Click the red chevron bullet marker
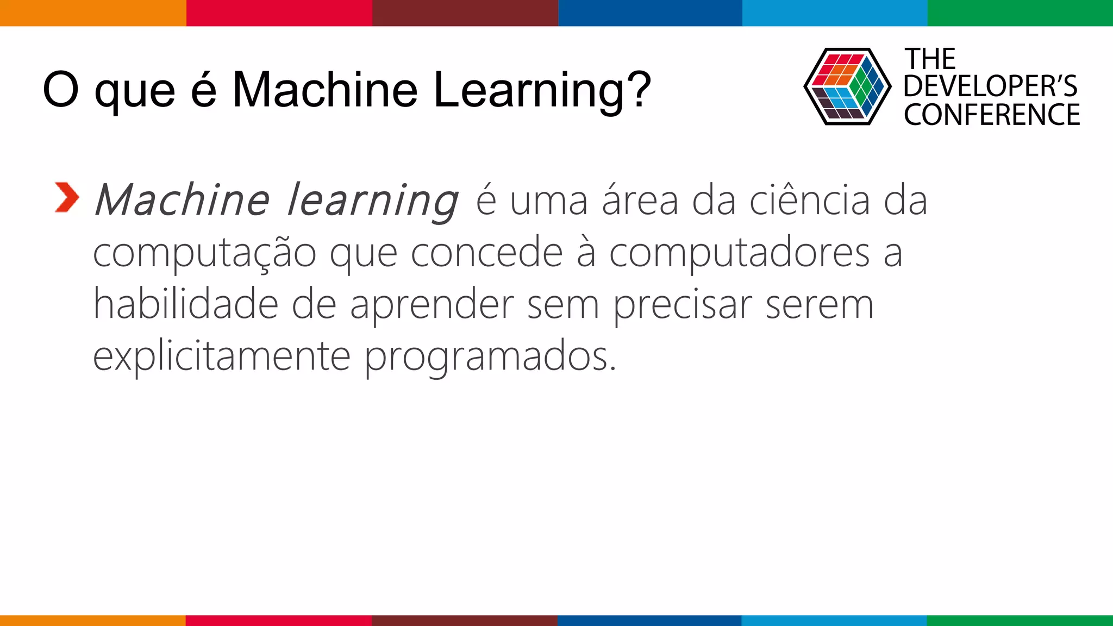point(67,197)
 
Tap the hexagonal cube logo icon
point(847,87)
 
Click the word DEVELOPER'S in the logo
point(990,86)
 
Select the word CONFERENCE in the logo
point(992,115)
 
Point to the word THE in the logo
point(930,59)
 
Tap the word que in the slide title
point(135,91)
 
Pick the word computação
point(204,253)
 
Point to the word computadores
point(739,253)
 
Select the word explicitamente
point(222,356)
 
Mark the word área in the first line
point(640,200)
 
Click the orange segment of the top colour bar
point(92,13)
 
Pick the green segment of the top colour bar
point(1020,13)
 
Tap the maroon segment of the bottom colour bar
point(464,620)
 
